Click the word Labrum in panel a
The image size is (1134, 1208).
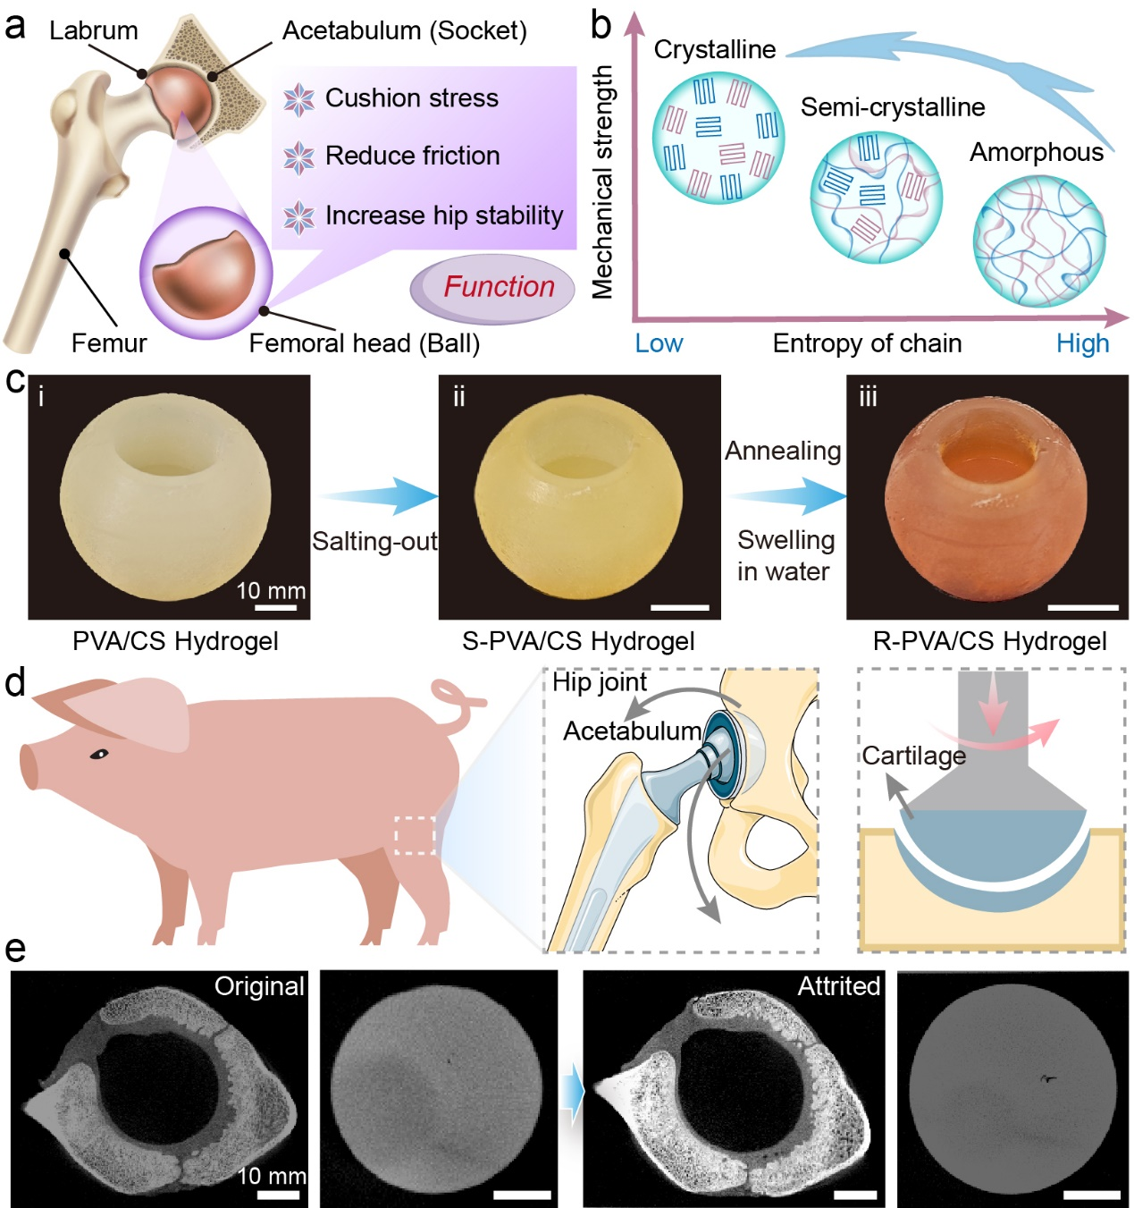pyautogui.click(x=93, y=30)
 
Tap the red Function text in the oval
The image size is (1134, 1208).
pyautogui.click(x=499, y=286)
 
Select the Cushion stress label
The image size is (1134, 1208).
pyautogui.click(x=411, y=97)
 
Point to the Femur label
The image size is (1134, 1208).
pyautogui.click(x=108, y=342)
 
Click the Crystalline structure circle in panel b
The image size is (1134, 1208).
pyautogui.click(x=718, y=138)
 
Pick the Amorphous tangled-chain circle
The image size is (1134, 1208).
pyautogui.click(x=1038, y=241)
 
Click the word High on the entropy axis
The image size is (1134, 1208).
pyautogui.click(x=1082, y=343)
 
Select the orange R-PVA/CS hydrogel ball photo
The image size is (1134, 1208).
pyautogui.click(x=987, y=499)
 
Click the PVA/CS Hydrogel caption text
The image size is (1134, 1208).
pyautogui.click(x=175, y=641)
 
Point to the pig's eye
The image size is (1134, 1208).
pyautogui.click(x=98, y=755)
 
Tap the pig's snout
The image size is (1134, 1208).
pyautogui.click(x=29, y=767)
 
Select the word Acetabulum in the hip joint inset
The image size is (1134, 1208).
pyautogui.click(x=632, y=731)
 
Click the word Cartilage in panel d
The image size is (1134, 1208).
pyautogui.click(x=913, y=756)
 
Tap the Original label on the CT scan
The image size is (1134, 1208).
pyautogui.click(x=259, y=986)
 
